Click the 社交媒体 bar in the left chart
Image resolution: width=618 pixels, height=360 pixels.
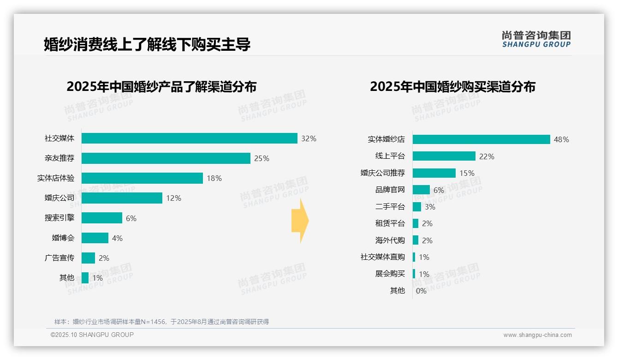point(189,138)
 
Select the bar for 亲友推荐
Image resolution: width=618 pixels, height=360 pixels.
point(166,158)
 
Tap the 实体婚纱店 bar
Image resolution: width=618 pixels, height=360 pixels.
point(481,139)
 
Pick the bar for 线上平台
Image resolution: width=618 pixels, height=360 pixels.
point(444,156)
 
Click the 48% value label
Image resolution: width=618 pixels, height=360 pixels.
point(561,139)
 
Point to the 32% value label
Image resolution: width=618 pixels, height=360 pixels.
point(309,138)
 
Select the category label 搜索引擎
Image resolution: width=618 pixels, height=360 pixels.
point(59,218)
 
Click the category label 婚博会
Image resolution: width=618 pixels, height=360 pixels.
point(63,238)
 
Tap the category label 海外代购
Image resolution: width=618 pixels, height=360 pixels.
point(390,240)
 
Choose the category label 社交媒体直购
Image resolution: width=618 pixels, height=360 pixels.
point(383,257)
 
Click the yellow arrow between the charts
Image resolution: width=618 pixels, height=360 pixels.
point(300,221)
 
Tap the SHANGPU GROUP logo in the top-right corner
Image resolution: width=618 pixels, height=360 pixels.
point(536,39)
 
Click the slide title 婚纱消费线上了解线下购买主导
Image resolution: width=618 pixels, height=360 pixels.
point(147,44)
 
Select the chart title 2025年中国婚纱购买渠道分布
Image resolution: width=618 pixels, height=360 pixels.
point(452,87)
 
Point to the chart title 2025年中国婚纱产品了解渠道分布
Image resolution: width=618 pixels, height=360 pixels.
point(161,87)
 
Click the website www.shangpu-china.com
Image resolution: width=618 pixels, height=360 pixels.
point(537,335)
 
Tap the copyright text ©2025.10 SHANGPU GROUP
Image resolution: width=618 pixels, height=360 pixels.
point(92,335)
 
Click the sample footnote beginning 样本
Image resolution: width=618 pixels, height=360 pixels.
point(161,322)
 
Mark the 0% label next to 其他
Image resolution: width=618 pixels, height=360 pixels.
point(421,291)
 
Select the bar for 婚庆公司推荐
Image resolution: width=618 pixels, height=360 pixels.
point(434,173)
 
